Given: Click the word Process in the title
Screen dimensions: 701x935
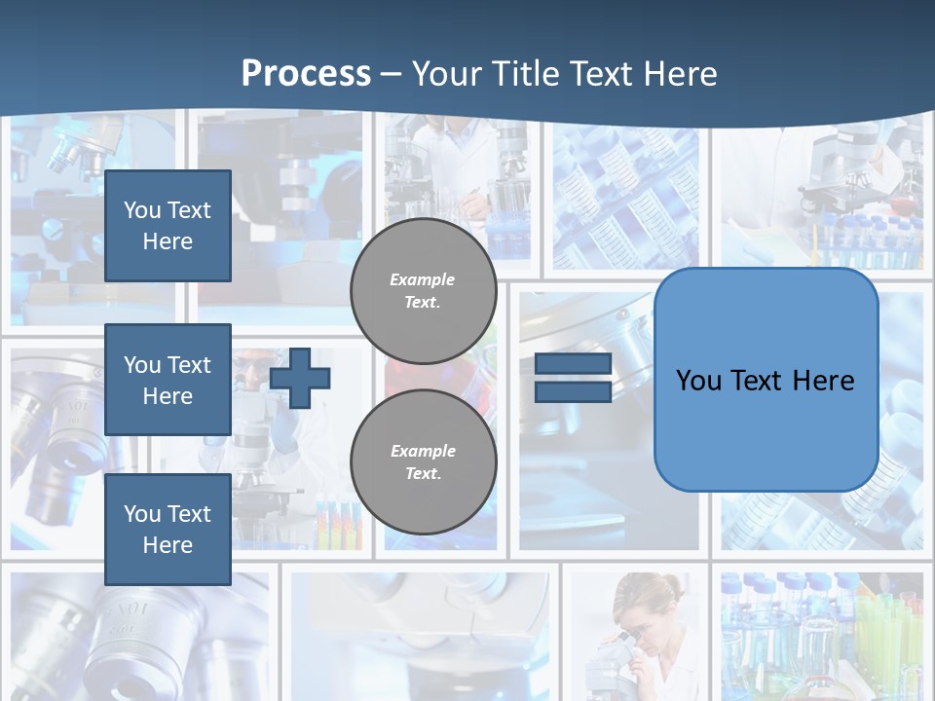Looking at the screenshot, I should click(x=306, y=74).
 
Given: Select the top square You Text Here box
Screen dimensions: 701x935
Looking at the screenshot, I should click(x=168, y=226).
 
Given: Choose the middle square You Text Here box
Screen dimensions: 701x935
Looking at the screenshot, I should click(x=168, y=380).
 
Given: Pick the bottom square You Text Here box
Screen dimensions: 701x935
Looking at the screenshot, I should click(x=168, y=529).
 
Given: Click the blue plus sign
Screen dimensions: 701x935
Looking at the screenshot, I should click(x=300, y=378).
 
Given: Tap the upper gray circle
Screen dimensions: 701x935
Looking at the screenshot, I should click(x=423, y=291).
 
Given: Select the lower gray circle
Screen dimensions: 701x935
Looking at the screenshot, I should click(x=423, y=462).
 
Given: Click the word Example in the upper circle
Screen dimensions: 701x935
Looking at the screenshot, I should click(x=423, y=279).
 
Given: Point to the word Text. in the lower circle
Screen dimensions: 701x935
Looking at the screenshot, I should click(x=423, y=474).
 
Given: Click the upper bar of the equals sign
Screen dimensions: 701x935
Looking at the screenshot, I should click(x=574, y=364).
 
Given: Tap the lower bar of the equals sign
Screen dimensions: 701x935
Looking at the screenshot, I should click(x=574, y=391).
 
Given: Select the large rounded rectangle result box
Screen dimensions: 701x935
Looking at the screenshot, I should click(x=767, y=380).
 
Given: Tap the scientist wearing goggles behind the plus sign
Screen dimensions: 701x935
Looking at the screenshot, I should click(x=255, y=375).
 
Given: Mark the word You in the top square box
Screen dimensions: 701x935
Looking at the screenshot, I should click(x=141, y=210).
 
